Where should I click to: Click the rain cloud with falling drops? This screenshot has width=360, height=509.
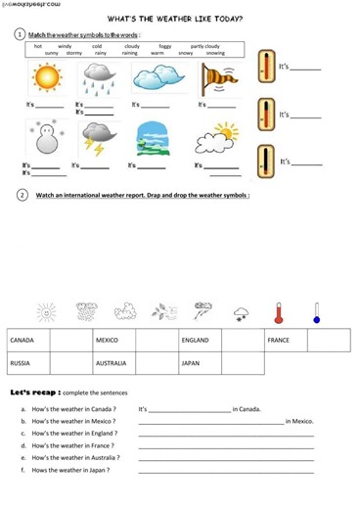(98, 78)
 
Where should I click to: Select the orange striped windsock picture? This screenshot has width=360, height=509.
(216, 78)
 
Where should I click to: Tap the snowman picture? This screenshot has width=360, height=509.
(43, 138)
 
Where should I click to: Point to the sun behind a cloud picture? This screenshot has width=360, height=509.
(217, 139)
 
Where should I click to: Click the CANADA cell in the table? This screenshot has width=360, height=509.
(28, 340)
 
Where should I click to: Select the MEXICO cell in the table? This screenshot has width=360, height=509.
(113, 340)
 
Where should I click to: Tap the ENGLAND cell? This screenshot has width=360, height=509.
(200, 340)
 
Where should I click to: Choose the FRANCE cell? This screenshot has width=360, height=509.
(285, 340)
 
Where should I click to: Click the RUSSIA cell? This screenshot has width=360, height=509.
(28, 363)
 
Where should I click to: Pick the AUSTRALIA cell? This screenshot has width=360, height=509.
(113, 363)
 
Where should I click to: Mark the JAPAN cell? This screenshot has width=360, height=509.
(200, 363)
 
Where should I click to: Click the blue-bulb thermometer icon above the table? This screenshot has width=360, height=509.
(316, 313)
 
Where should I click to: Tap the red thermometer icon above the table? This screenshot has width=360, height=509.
(279, 313)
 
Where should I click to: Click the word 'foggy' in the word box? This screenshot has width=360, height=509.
(164, 46)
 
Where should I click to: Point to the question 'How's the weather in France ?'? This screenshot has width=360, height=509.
(73, 444)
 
